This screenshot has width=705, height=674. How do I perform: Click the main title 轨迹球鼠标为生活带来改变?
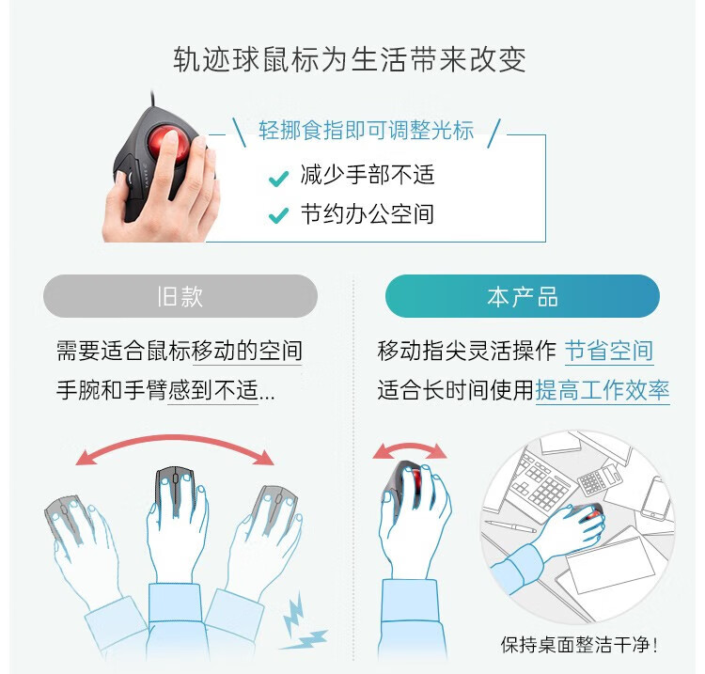click(350, 59)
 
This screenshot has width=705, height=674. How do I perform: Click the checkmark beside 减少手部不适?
click(278, 179)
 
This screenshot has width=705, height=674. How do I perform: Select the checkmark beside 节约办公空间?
click(278, 216)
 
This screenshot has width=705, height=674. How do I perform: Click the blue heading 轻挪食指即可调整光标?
click(366, 131)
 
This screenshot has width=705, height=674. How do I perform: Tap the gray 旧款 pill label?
click(180, 296)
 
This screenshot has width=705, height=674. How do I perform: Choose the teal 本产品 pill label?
click(523, 296)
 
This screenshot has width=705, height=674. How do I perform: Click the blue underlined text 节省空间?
click(609, 351)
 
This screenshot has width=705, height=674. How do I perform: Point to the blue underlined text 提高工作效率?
click(602, 390)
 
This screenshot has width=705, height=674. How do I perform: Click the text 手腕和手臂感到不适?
click(157, 390)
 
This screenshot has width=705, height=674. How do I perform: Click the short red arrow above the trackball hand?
click(410, 448)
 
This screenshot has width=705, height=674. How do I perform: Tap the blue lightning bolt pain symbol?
click(302, 622)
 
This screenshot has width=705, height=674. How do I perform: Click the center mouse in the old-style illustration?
click(175, 490)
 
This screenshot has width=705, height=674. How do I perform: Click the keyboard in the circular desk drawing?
click(540, 483)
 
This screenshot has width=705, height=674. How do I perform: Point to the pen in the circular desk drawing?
click(510, 526)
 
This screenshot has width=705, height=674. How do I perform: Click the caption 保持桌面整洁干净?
click(579, 645)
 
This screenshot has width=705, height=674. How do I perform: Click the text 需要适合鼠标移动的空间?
click(179, 351)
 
